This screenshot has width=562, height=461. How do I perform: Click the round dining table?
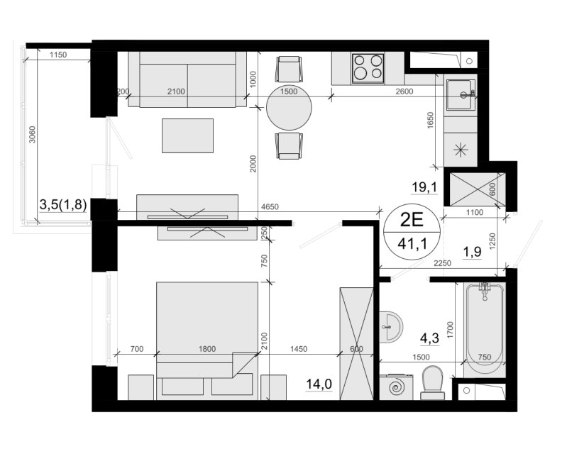click(x=289, y=108)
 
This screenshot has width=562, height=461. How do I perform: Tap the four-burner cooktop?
click(x=368, y=68)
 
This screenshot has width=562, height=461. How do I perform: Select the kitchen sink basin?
click(x=459, y=94)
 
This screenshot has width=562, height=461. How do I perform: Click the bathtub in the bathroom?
click(x=484, y=330)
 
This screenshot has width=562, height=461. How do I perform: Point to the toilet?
click(x=433, y=382)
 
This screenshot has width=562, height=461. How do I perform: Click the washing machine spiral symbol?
click(x=397, y=387)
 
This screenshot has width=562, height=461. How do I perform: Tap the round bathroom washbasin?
click(x=391, y=327)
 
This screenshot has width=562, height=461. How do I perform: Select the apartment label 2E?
click(x=412, y=220)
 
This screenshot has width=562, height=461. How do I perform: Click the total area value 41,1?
click(x=412, y=244)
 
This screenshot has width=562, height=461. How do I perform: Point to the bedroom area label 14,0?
click(x=319, y=384)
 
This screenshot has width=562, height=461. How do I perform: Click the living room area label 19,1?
click(x=424, y=187)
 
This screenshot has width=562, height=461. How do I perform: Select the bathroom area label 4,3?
click(x=429, y=338)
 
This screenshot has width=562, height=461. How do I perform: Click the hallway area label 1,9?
click(x=472, y=252)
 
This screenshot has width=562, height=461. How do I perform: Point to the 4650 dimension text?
click(x=270, y=206)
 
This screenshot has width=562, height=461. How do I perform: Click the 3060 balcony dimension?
click(x=32, y=134)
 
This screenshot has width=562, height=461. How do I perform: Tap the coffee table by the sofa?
click(x=187, y=135)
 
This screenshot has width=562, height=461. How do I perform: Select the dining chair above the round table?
click(x=289, y=69)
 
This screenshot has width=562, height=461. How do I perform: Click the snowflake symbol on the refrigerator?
click(x=461, y=150)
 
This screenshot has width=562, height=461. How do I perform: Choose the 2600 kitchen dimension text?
click(x=404, y=91)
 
